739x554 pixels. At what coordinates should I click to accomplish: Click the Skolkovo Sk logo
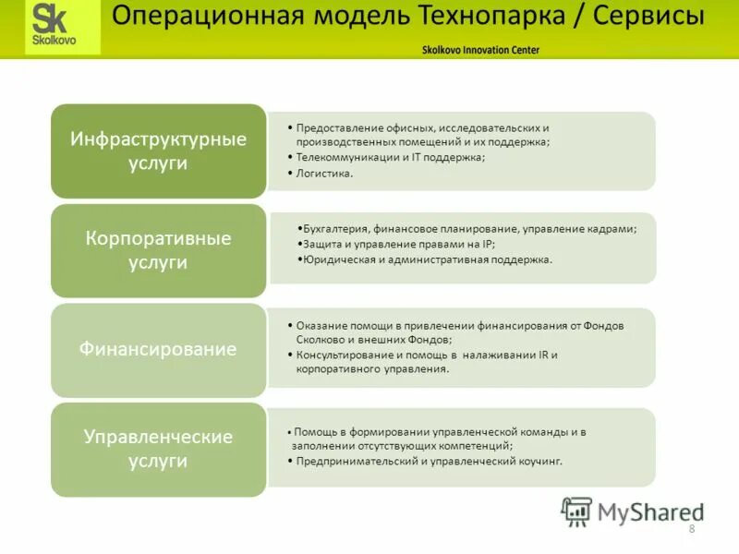[x=56, y=27]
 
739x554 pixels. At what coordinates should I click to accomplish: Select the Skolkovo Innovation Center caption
[x=479, y=50]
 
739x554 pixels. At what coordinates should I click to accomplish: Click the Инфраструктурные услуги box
[x=159, y=151]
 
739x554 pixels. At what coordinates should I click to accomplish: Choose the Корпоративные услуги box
[x=159, y=250]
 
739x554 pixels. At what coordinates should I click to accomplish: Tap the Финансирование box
[x=159, y=350]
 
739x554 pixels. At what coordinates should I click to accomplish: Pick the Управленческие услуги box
[x=159, y=449]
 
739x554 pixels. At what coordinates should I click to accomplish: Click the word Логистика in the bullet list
[x=323, y=173]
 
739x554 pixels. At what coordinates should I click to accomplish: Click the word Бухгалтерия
[x=336, y=227]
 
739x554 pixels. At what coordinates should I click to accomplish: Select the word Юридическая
[x=336, y=259]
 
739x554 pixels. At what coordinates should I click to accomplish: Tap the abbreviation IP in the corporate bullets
[x=488, y=244]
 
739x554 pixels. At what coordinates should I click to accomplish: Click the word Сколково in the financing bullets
[x=319, y=339]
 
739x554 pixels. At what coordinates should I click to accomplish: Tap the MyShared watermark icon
[x=576, y=511]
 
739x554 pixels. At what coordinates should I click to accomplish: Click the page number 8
[x=691, y=528]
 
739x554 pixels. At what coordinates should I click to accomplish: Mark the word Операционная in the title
[x=193, y=17]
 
